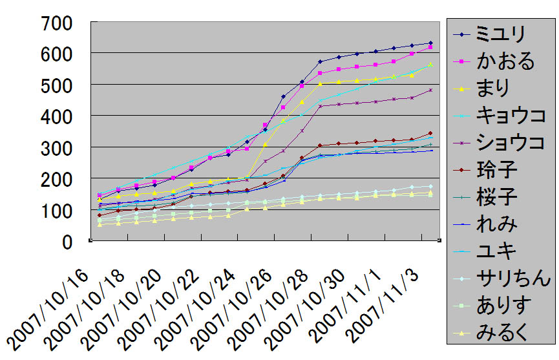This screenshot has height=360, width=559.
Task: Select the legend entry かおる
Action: (505, 61)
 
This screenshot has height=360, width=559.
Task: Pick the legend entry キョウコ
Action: (511, 115)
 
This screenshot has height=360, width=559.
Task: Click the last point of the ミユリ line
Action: (430, 43)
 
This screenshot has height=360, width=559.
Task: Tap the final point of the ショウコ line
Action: (430, 90)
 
